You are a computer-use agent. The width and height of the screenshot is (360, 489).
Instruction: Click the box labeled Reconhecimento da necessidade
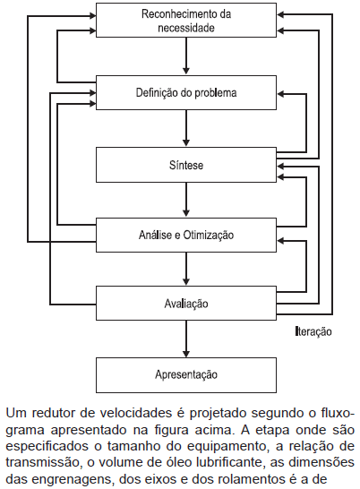186,21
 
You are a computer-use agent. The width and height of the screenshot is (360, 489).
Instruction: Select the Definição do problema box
186,92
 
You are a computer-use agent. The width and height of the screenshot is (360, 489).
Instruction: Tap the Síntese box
186,165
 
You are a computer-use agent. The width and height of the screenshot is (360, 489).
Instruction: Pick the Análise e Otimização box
186,235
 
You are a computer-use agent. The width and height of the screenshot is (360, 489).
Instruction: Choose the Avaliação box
186,303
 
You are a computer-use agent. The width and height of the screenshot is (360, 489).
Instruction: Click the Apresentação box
186,375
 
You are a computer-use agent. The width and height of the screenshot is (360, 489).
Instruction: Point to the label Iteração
313,331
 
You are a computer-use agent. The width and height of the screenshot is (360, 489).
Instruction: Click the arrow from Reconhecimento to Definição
186,56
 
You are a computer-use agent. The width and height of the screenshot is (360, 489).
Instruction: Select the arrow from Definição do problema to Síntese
186,128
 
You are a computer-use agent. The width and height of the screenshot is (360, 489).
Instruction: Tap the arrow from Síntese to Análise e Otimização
186,200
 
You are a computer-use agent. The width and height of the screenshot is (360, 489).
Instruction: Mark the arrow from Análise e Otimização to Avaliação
186,269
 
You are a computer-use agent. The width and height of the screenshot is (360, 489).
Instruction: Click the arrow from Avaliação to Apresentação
186,339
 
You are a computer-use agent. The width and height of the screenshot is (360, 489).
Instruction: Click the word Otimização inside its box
208,235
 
